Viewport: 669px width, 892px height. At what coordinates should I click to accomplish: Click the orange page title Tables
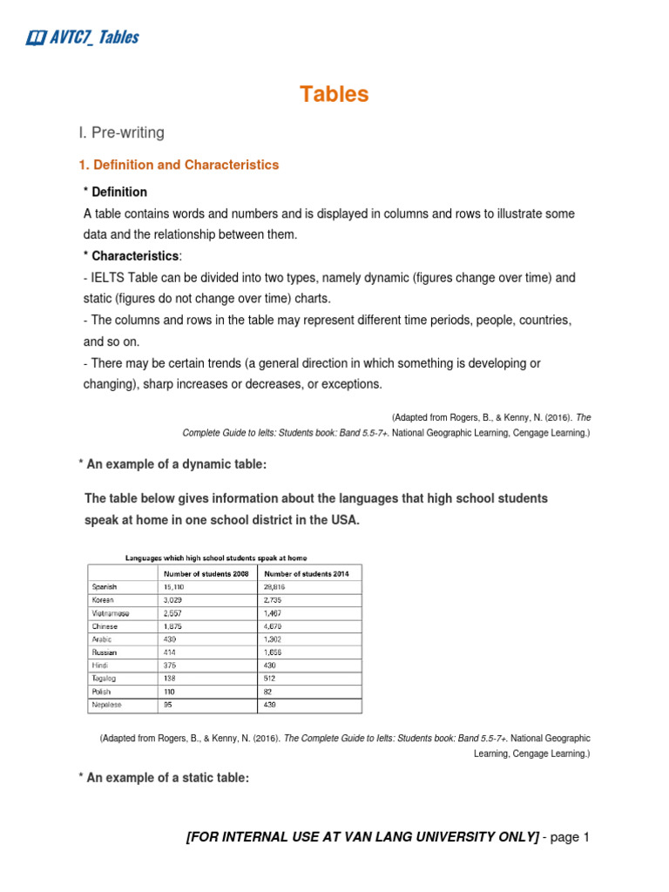334,95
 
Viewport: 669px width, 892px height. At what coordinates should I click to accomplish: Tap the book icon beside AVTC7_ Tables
36,37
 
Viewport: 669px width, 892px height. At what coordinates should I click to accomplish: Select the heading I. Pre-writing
121,132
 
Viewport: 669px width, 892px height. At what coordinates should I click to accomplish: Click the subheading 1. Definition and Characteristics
179,165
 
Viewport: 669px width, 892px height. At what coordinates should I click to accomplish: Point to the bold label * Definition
115,192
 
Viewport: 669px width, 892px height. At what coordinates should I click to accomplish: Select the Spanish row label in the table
105,587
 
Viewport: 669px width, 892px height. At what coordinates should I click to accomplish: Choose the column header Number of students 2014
310,573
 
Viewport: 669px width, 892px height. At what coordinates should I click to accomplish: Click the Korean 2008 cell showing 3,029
175,600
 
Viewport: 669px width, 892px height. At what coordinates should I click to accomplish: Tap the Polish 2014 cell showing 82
271,692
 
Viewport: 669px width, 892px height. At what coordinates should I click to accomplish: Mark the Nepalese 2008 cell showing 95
169,705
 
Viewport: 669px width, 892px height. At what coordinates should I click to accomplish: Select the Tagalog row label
105,679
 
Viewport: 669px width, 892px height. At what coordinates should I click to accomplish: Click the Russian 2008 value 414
172,652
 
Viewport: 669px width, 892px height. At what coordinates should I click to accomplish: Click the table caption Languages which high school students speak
216,557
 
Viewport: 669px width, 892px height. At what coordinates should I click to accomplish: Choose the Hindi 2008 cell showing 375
172,666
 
